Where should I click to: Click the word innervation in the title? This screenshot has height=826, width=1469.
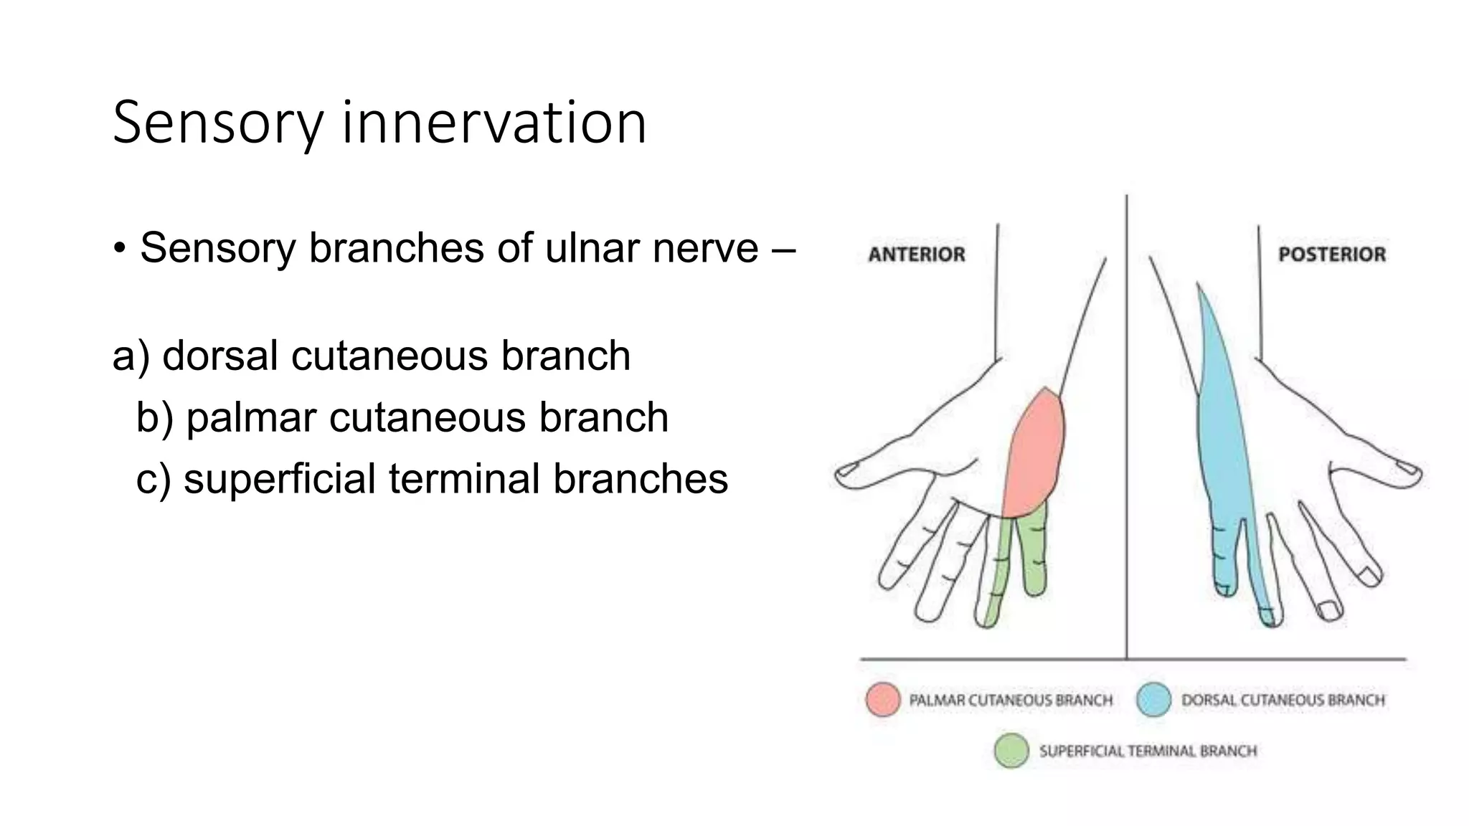(494, 123)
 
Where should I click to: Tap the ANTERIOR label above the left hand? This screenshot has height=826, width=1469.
(916, 255)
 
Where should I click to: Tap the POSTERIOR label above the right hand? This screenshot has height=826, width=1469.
(1331, 255)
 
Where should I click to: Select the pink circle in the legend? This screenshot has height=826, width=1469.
(882, 699)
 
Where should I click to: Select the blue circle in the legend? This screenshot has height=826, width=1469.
(1153, 699)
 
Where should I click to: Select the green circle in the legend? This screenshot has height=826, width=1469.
(1011, 751)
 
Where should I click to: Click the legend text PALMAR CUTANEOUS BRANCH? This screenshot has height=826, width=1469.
(1010, 700)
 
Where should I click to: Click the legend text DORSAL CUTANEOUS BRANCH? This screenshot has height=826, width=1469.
(1283, 700)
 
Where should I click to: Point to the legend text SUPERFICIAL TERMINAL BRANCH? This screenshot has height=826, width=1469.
(1148, 751)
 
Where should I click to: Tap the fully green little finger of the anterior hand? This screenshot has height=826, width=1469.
(1034, 552)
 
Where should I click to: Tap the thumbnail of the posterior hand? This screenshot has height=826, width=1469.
(1408, 469)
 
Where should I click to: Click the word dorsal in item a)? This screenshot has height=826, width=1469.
(219, 356)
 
